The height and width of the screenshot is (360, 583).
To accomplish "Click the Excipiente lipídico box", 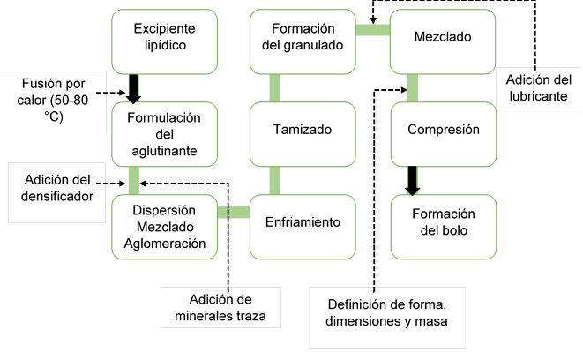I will (x=164, y=41).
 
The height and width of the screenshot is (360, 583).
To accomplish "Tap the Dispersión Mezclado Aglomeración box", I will (x=164, y=226).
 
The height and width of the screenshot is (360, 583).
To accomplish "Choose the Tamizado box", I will (x=303, y=131).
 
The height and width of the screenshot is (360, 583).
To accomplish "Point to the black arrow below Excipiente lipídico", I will (x=135, y=87).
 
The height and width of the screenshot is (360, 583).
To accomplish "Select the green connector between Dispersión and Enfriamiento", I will (x=233, y=211).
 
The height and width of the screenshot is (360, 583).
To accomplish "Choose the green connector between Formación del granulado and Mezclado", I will (x=373, y=30).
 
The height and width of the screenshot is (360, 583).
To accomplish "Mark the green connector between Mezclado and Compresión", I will (x=413, y=87).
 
